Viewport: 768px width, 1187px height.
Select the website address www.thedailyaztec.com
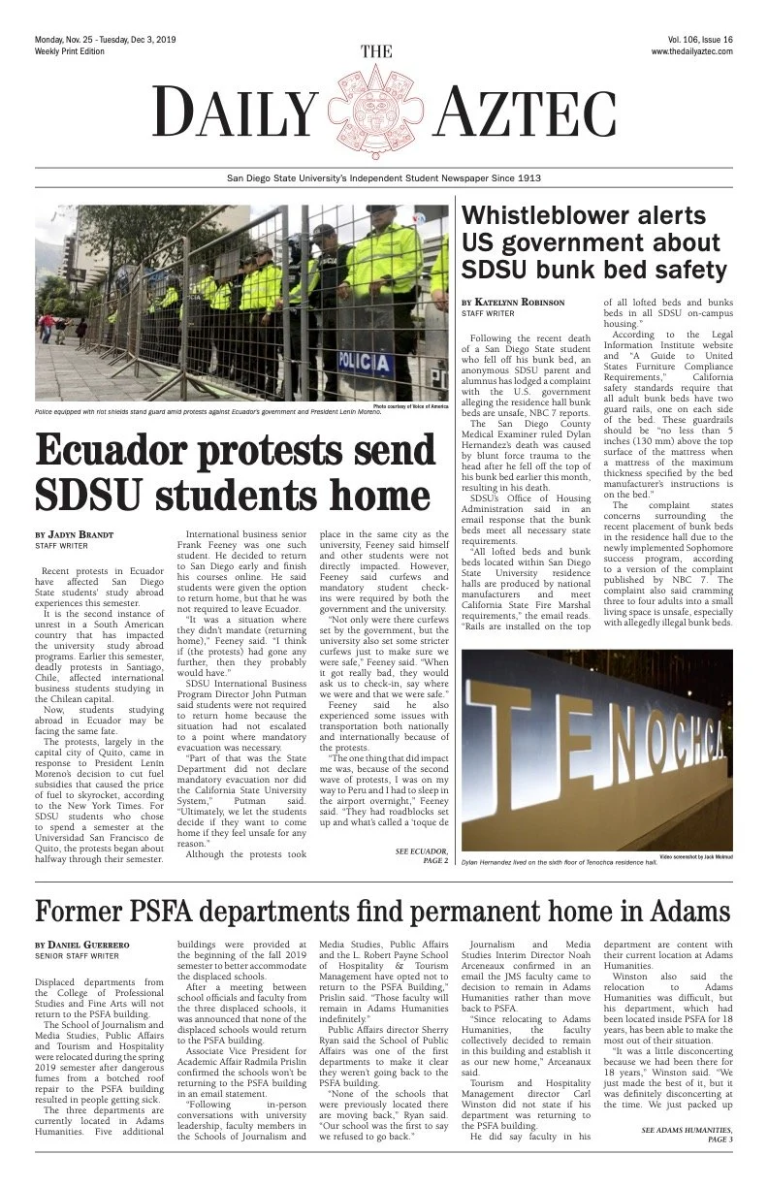tap(691, 50)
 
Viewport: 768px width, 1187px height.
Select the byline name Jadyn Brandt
tap(76, 534)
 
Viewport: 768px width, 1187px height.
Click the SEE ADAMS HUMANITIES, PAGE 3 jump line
tap(687, 1137)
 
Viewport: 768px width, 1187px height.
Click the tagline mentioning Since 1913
tap(383, 178)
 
